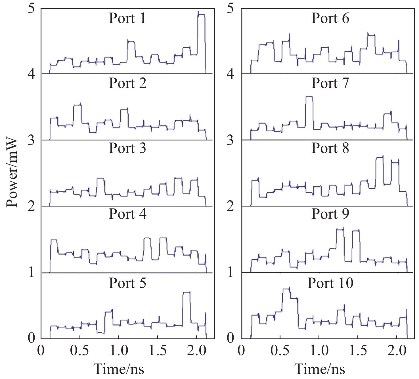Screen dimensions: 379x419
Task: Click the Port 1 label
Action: click(x=127, y=18)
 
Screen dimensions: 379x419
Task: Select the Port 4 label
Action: click(x=127, y=214)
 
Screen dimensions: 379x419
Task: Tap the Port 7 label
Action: click(x=330, y=83)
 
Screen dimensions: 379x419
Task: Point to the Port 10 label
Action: click(x=330, y=283)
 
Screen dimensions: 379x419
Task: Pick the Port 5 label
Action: click(x=127, y=283)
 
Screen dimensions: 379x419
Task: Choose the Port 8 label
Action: click(x=330, y=148)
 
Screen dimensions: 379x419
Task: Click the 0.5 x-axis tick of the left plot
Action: click(x=80, y=351)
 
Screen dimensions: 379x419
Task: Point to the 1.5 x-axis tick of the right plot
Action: click(x=358, y=351)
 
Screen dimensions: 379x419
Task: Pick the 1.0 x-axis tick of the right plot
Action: click(x=319, y=351)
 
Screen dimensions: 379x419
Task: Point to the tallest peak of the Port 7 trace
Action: click(x=309, y=97)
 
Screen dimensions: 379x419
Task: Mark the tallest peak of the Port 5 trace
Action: click(x=186, y=292)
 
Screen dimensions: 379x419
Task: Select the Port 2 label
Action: click(x=127, y=83)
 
